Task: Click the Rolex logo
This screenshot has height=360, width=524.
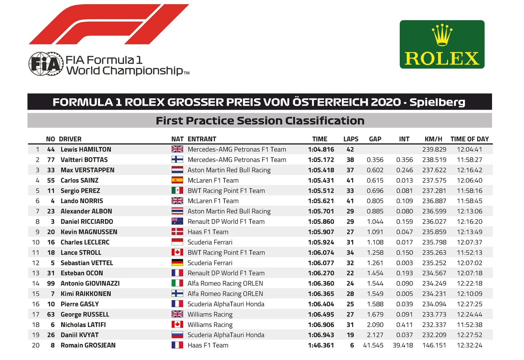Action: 442,44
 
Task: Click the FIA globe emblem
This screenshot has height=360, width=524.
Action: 46,64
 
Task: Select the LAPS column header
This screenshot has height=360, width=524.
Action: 351,139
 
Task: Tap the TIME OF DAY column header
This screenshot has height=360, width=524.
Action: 470,139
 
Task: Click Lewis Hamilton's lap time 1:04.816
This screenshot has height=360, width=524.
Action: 321,150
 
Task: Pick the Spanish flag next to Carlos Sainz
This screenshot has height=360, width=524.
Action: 177,180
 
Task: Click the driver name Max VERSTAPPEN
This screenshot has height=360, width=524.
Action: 87,170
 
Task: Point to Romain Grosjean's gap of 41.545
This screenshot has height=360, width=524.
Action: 373,345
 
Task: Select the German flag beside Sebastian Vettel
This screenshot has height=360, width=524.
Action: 177,263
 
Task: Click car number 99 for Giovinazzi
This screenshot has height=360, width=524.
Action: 51,283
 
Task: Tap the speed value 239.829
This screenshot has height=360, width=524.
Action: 434,150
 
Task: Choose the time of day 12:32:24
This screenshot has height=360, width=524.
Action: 470,345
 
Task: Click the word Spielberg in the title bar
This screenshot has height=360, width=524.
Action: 437,102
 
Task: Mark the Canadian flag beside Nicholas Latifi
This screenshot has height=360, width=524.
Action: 177,324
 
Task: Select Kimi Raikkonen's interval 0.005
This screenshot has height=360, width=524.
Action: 404,294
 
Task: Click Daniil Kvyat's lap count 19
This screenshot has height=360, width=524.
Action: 350,335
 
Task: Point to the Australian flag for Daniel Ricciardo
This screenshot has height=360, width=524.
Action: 177,221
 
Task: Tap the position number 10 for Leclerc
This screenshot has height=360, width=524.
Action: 36,242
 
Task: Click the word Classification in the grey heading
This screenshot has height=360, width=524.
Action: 325,121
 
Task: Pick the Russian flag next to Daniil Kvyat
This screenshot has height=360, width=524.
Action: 177,335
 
